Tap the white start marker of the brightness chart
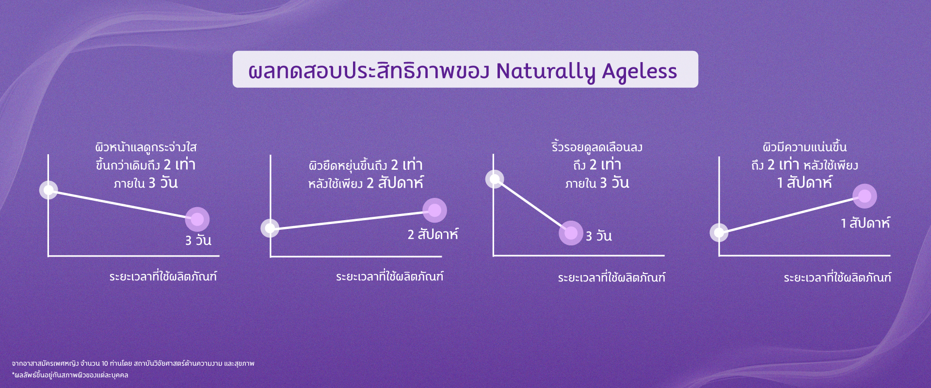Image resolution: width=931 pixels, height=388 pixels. click(48, 190)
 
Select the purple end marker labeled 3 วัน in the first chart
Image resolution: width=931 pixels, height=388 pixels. click(197, 219)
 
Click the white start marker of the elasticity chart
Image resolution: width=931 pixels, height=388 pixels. click(270, 228)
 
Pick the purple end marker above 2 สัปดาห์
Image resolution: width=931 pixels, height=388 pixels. click(434, 210)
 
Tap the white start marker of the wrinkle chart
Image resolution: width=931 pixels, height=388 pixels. click(495, 179)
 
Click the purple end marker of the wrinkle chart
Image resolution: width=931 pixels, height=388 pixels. click(571, 233)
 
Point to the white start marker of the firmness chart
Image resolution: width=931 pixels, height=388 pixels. click(719, 232)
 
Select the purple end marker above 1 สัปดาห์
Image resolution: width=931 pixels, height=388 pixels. click(865, 196)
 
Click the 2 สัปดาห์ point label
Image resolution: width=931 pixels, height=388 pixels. click(433, 234)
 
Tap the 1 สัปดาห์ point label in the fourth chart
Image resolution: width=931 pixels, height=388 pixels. click(866, 223)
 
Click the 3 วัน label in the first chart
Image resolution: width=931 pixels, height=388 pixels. click(198, 240)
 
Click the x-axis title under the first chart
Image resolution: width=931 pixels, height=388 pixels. click(163, 276)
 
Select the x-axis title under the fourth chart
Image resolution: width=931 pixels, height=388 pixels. click(837, 277)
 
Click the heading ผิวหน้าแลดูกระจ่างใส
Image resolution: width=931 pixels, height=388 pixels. click(146, 146)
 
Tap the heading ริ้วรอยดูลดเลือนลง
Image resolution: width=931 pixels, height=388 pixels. click(597, 146)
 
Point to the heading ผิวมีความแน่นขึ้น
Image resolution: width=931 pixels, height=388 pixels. click(804, 146)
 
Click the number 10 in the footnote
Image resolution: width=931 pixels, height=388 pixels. click(105, 364)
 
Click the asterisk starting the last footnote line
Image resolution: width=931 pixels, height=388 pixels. click(14, 374)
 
